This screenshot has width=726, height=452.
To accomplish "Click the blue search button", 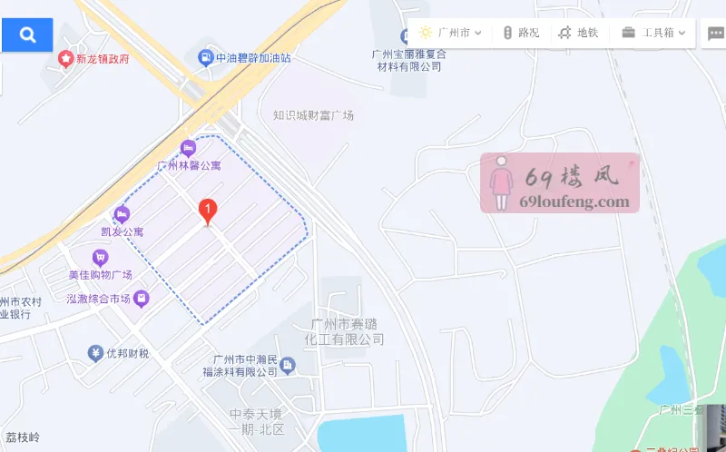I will pyautogui.click(x=27, y=34).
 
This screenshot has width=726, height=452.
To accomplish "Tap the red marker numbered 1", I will pyautogui.click(x=208, y=211).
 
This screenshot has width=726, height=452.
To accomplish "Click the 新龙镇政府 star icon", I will pyautogui.click(x=65, y=59).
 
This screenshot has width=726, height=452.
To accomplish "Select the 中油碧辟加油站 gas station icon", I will pyautogui.click(x=205, y=58).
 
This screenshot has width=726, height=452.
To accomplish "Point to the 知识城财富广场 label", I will pyautogui.click(x=313, y=115).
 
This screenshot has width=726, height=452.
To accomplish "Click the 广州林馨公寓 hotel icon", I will pyautogui.click(x=189, y=148).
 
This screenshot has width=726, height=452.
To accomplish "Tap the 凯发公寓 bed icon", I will pyautogui.click(x=122, y=215).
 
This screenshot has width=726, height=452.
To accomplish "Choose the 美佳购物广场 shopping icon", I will pyautogui.click(x=100, y=258).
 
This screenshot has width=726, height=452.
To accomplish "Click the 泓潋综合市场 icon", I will pyautogui.click(x=142, y=298).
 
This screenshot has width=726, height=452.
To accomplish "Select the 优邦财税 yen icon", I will pyautogui.click(x=94, y=353).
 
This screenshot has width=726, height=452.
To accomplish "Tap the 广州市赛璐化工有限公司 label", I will pyautogui.click(x=348, y=331).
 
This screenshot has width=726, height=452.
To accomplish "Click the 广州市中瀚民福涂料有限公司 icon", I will pyautogui.click(x=288, y=365).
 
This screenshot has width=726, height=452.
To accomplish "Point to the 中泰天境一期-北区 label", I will pyautogui.click(x=257, y=421).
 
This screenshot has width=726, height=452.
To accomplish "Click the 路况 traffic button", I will pyautogui.click(x=521, y=33).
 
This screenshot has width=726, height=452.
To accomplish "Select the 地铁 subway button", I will pyautogui.click(x=578, y=33).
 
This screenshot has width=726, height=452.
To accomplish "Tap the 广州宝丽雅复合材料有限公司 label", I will pyautogui.click(x=409, y=60).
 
